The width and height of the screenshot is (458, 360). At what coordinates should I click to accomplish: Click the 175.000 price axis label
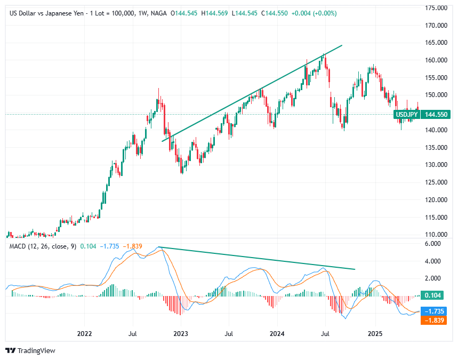point(435,8)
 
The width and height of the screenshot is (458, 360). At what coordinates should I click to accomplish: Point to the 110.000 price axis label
point(435,235)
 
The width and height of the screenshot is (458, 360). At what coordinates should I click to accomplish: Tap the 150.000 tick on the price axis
point(435,95)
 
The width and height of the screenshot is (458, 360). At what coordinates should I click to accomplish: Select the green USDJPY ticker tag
point(406,114)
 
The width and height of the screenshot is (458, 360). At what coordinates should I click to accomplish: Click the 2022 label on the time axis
point(84,334)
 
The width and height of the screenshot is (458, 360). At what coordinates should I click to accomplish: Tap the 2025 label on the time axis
point(375,334)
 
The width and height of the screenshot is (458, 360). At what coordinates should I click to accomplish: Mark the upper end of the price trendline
point(341,45)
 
